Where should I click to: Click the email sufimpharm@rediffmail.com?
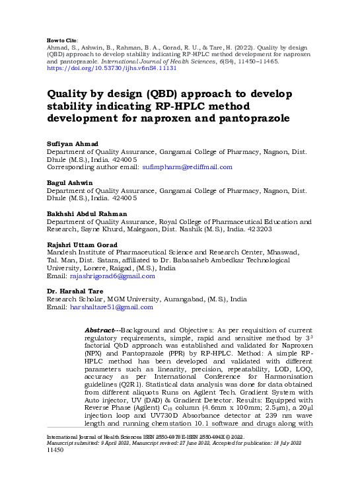coord(188,167)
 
